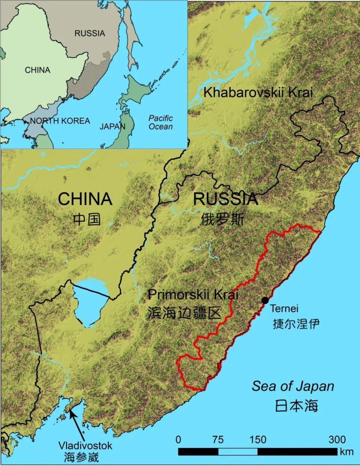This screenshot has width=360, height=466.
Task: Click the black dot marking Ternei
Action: (265, 300)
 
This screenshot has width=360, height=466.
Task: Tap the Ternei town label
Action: (284, 309)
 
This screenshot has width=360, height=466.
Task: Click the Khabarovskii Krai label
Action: (258, 92)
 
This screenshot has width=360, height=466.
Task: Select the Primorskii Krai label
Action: (193, 294)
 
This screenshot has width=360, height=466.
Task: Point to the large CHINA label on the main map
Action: (85, 199)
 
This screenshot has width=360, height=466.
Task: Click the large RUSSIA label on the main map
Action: (226, 199)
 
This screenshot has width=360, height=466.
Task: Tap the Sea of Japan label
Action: (292, 386)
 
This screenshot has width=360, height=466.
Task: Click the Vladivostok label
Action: (85, 445)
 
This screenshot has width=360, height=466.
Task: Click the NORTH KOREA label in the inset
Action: (60, 121)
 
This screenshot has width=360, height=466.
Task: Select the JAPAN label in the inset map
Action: (112, 126)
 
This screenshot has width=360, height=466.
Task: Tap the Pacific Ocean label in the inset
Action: (160, 122)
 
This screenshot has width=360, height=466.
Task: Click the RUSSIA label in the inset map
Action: (90, 33)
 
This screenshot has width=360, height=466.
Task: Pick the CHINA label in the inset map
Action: (37, 70)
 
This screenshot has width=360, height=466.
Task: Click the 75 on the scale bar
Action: (217, 439)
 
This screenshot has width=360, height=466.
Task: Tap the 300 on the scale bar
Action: (337, 439)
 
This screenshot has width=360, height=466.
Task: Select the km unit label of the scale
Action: (346, 451)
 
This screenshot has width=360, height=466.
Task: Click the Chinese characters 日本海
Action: (296, 405)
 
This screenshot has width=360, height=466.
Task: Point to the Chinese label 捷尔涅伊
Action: (296, 323)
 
